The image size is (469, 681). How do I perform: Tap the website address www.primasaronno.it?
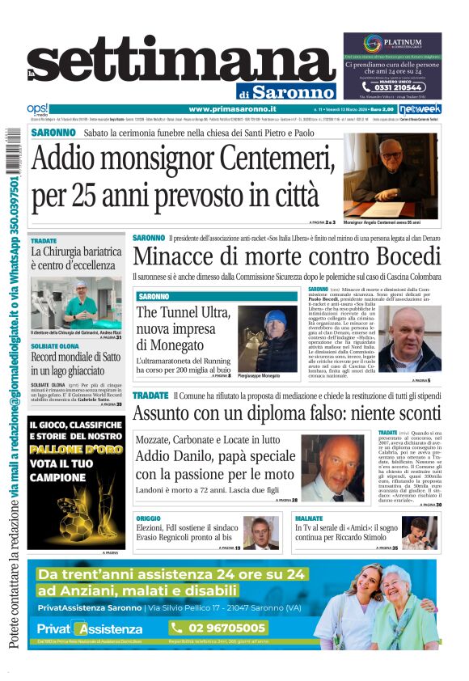click(232, 109)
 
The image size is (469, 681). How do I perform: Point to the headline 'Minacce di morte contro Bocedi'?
click(285, 257)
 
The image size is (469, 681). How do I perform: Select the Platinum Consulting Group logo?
click(391, 44)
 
